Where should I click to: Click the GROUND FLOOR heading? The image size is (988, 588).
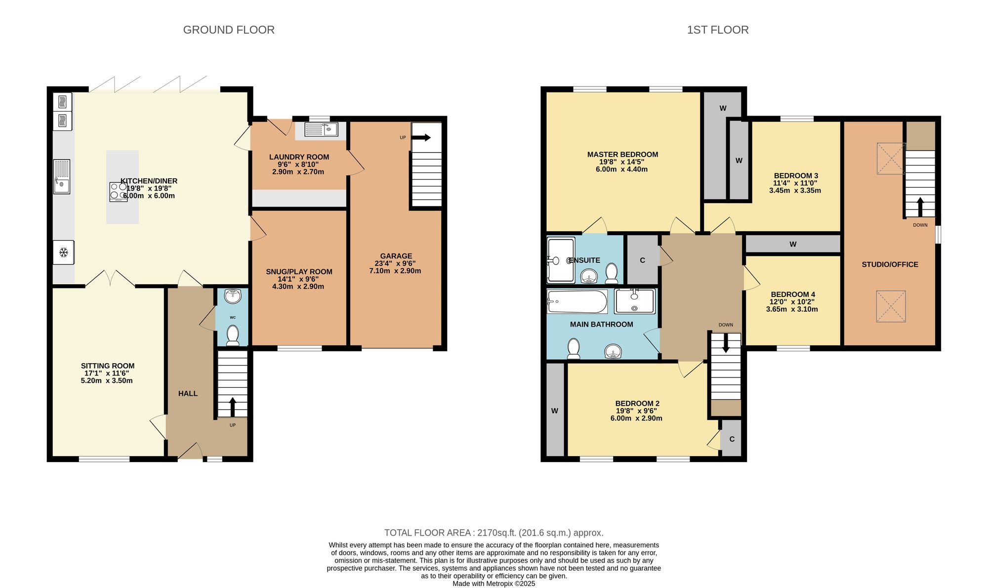(x=229, y=30)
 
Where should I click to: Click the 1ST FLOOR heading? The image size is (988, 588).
(x=717, y=30)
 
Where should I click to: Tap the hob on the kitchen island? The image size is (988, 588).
(x=118, y=192)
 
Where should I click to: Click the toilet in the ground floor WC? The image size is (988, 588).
(x=232, y=335)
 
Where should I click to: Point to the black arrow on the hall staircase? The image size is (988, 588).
(x=232, y=406)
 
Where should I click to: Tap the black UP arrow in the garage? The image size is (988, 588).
(x=421, y=138)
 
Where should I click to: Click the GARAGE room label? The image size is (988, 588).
(x=396, y=256)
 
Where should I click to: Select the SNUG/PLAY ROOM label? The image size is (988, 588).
(x=299, y=272)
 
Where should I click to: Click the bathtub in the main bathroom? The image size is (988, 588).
(x=577, y=301)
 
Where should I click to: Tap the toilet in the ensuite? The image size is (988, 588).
(x=612, y=272)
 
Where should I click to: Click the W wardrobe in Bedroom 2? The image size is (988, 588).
(x=555, y=410)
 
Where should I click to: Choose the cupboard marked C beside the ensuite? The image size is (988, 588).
(x=642, y=260)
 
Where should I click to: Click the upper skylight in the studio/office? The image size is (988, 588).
(x=891, y=158)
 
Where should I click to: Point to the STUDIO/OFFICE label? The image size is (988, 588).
(x=890, y=264)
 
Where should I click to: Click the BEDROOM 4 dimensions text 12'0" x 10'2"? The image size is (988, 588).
(x=792, y=302)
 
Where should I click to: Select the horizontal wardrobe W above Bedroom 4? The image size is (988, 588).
(x=792, y=244)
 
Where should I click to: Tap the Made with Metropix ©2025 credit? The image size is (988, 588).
(x=494, y=584)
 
